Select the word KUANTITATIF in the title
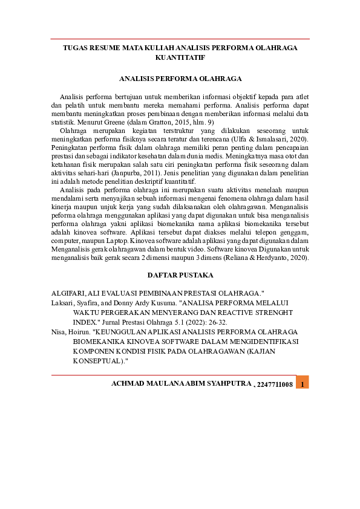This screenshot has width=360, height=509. pos(180,57)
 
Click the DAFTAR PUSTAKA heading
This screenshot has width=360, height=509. pos(180,275)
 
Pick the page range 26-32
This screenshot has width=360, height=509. pos(217,322)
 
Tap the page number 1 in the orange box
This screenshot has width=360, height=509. pos(303,384)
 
